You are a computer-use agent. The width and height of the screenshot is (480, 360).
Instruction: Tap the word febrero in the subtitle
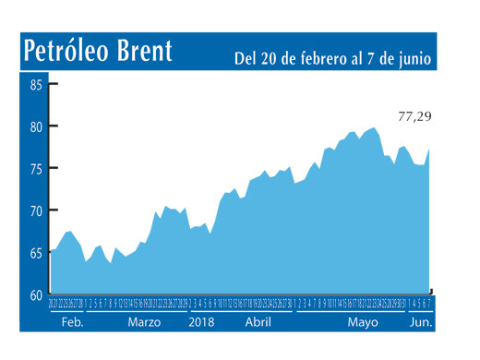318,59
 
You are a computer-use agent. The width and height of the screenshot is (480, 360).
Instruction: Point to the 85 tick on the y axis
36,85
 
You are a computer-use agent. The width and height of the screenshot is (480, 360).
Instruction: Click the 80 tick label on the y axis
36,126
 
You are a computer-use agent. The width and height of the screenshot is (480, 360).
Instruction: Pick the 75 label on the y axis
36,169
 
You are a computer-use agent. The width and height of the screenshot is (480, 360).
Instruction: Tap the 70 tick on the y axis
36,211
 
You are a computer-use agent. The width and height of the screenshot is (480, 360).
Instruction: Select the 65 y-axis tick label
36,253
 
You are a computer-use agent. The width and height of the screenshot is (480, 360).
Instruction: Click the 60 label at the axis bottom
36,295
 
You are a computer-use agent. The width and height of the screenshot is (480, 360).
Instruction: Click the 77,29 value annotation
414,117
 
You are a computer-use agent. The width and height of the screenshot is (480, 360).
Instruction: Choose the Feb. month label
73,323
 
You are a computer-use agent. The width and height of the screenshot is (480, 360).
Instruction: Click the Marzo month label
144,323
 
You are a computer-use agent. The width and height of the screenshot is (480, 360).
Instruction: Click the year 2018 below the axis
202,323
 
